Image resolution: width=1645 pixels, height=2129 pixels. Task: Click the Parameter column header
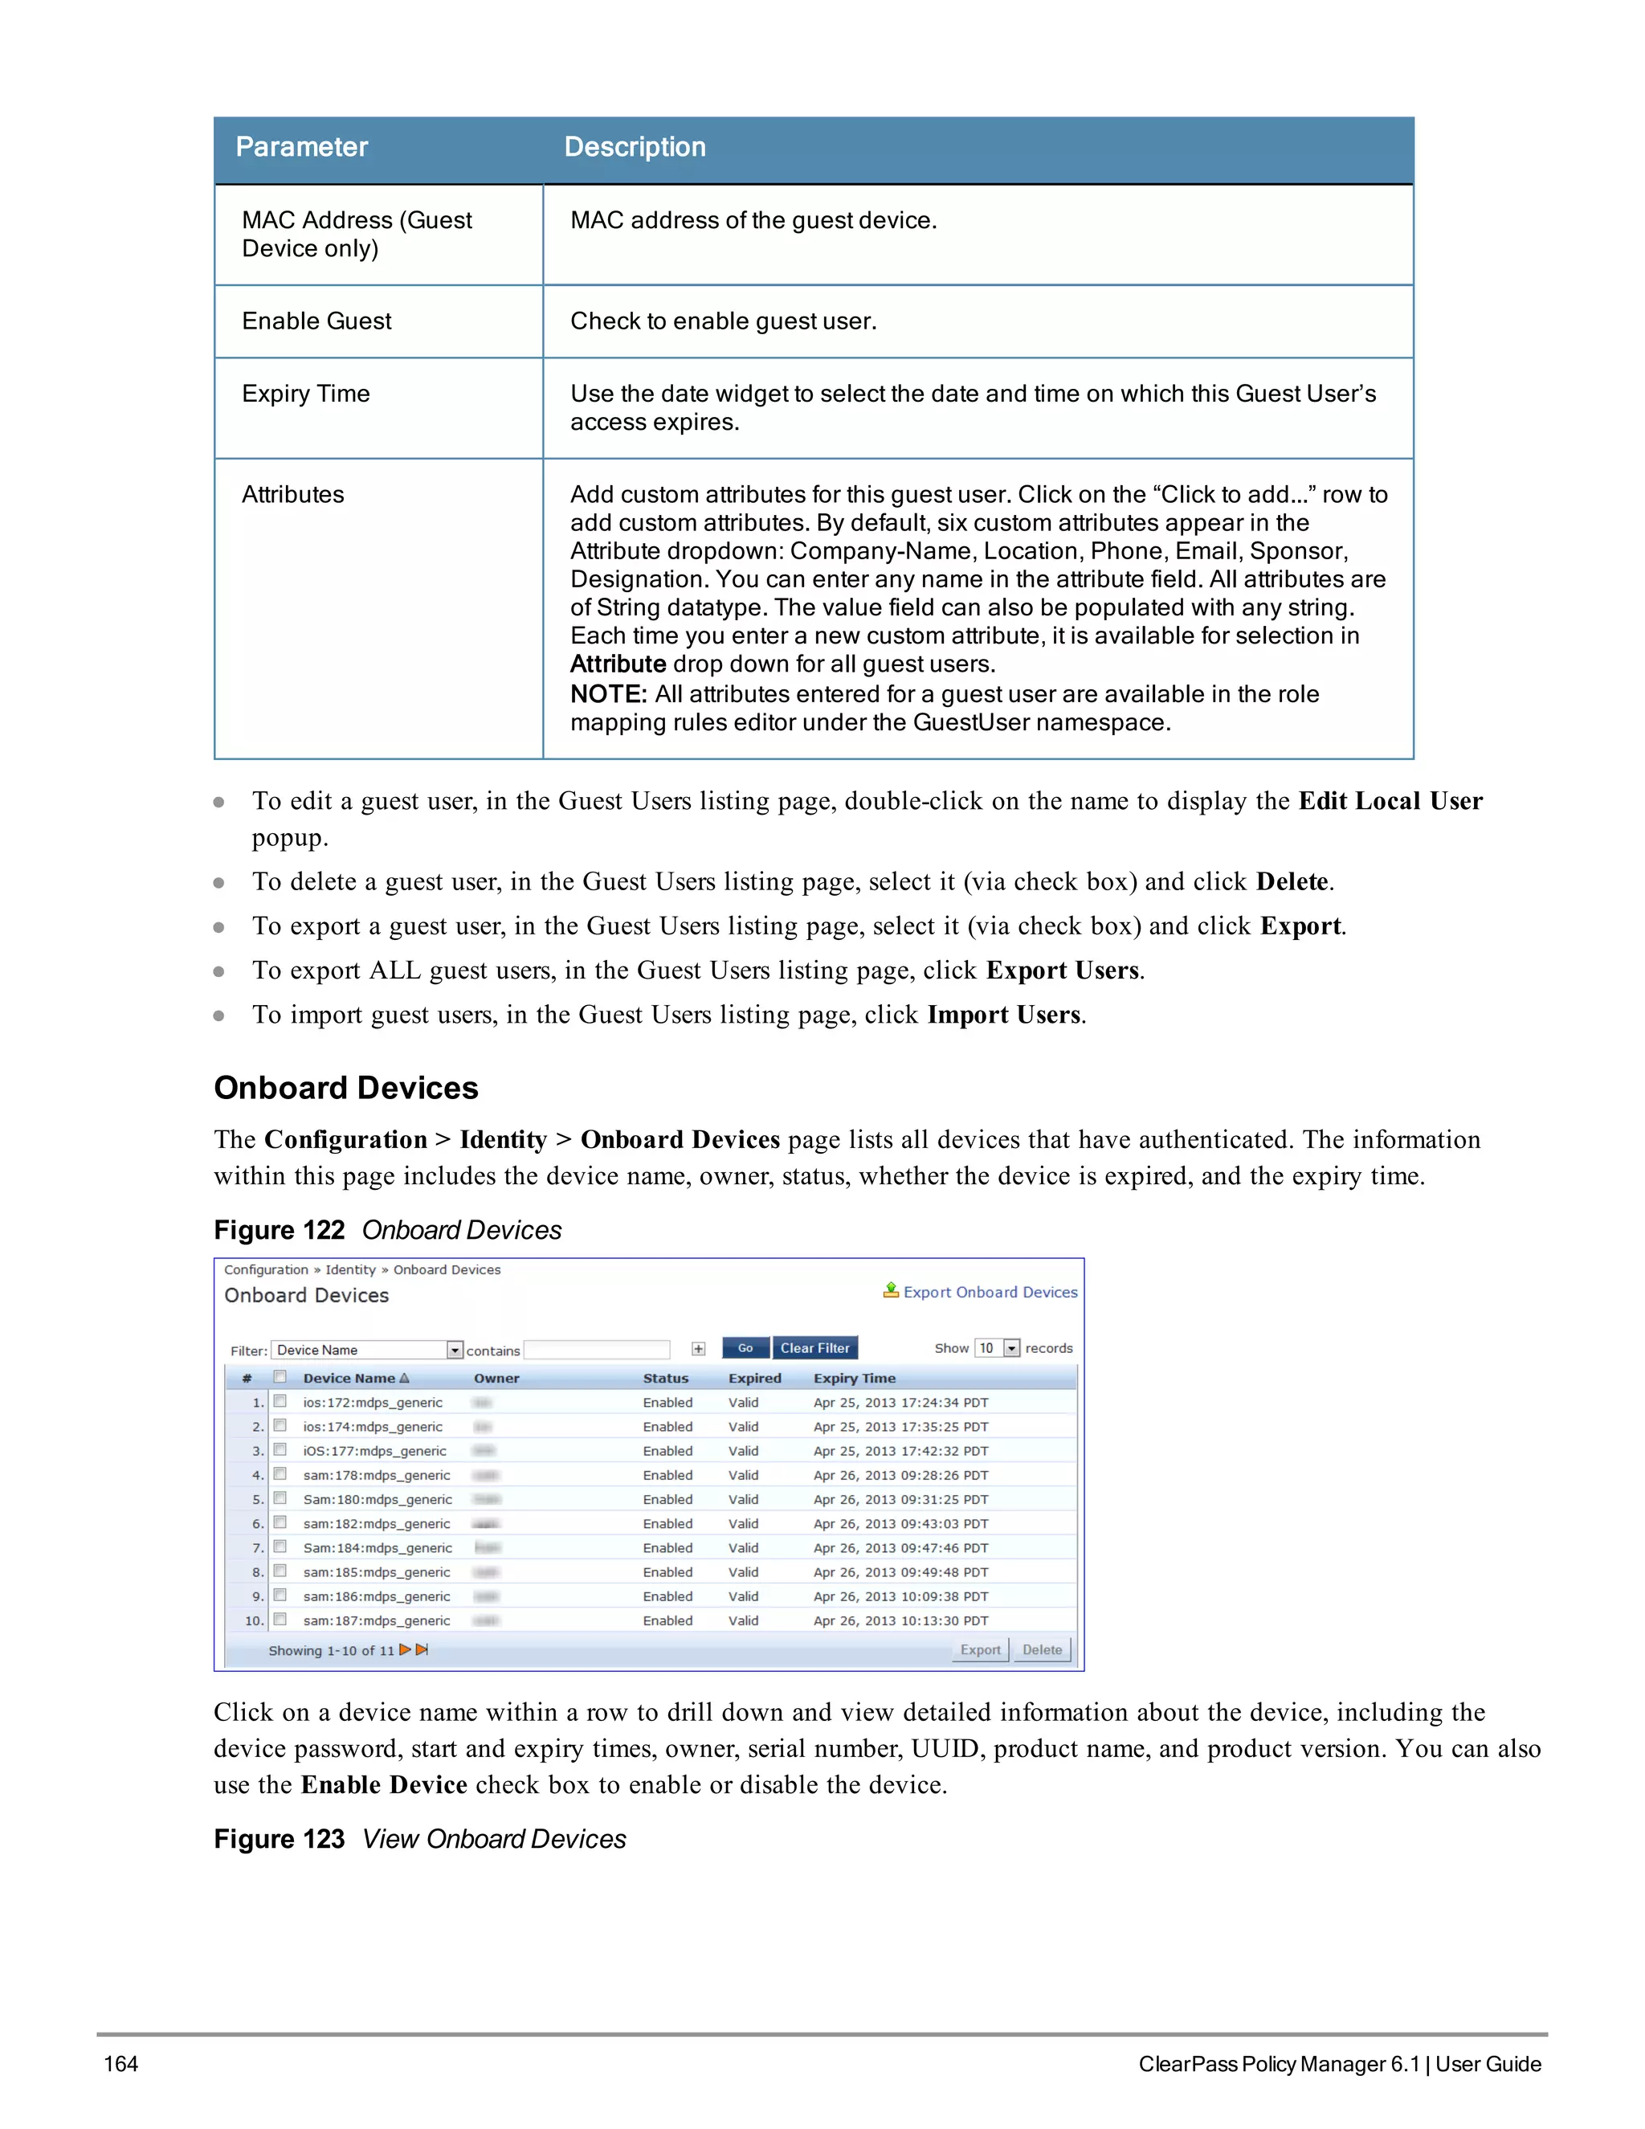(x=301, y=147)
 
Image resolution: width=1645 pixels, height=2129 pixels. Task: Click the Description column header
(x=635, y=147)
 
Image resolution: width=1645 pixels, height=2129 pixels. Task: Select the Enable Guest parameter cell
(x=316, y=321)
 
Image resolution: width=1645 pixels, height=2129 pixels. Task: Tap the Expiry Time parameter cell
(x=306, y=394)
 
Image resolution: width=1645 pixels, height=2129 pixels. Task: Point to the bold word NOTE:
(x=608, y=694)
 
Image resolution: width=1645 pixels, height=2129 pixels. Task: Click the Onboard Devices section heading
(x=346, y=1088)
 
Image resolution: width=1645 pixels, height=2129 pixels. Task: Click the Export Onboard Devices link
(x=989, y=1292)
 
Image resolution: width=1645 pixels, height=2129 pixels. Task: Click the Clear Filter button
(x=814, y=1348)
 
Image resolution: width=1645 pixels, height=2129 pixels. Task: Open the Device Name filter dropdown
(x=454, y=1351)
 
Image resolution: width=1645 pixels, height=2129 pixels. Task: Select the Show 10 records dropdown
(x=1010, y=1348)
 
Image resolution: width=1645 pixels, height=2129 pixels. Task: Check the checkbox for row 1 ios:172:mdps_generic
(x=280, y=1402)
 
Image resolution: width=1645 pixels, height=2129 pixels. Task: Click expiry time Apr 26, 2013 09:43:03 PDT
(x=900, y=1523)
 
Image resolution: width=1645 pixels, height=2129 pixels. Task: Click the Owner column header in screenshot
(x=496, y=1379)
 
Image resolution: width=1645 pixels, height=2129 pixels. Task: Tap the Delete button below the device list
(x=1042, y=1649)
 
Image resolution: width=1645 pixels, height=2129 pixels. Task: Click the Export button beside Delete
(x=979, y=1649)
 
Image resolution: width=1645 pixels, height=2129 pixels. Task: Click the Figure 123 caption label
(x=279, y=1840)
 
